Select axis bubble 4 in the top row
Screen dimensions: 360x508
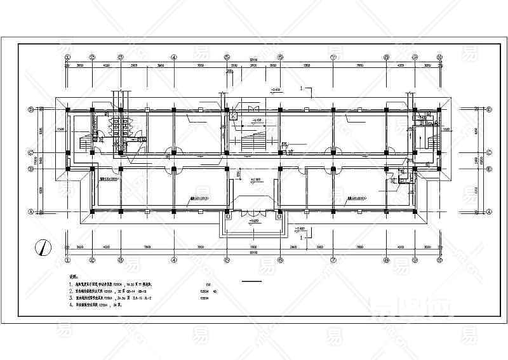(x=173, y=57)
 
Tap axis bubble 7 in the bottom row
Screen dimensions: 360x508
(x=333, y=260)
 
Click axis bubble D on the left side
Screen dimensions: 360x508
(x=30, y=109)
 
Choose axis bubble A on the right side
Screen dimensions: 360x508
(x=490, y=211)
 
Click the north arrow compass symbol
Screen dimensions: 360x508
(x=42, y=246)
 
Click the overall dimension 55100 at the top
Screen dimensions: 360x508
(x=253, y=59)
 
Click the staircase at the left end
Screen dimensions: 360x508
(x=84, y=142)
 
